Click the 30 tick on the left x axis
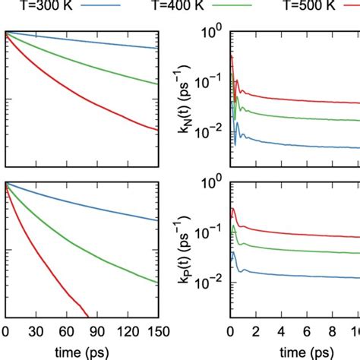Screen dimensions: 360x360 [x=36, y=331]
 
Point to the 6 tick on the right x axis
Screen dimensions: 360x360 [x=308, y=331]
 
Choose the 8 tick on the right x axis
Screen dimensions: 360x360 [x=333, y=331]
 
